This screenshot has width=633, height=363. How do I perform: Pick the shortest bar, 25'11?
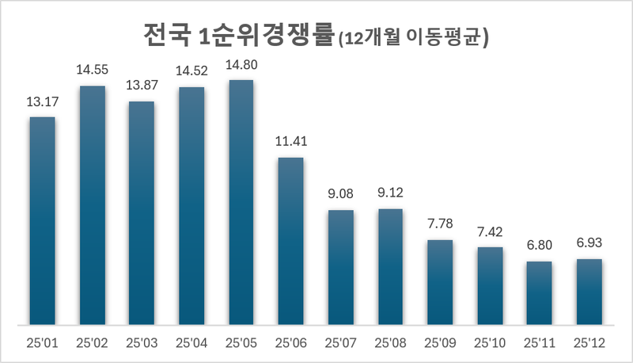539,292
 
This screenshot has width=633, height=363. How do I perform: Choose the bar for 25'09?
440,282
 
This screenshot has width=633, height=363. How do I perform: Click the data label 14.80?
241,65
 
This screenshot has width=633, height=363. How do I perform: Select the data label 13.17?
42,101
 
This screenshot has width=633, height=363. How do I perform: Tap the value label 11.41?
290,143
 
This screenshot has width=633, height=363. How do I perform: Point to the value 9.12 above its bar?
390,194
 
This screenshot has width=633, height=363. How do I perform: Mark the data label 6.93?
589,244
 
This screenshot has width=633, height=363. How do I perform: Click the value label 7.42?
490,232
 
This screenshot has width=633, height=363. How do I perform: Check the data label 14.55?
92,70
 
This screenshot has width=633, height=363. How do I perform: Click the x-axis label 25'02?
92,343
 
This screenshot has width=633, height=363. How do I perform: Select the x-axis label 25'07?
340,343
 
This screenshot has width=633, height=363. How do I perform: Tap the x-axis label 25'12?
589,343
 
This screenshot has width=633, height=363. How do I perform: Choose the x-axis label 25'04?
191,343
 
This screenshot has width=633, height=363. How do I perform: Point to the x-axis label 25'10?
490,343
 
